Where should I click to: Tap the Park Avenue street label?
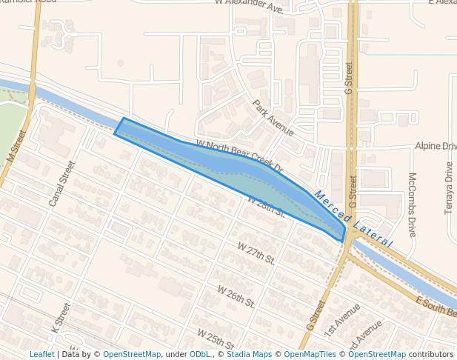click(x=273, y=119)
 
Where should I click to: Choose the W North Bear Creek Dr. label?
click(x=240, y=156)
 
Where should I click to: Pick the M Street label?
click(x=16, y=147)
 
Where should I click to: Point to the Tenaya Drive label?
click(x=449, y=188)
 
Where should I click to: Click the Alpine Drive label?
click(x=436, y=147)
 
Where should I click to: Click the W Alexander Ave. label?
click(x=250, y=7)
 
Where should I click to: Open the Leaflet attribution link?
click(x=41, y=354)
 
